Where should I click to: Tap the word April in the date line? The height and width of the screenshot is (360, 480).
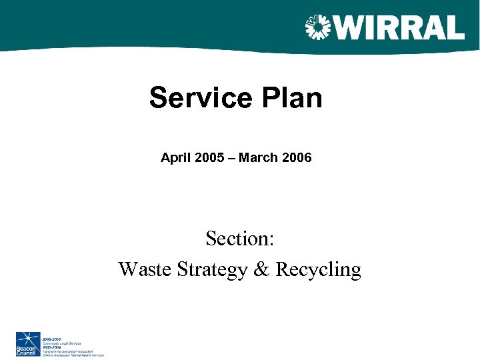coord(175,158)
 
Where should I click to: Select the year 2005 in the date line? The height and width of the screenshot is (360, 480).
coord(207,158)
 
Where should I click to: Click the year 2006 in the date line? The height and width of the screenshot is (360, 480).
coord(295,158)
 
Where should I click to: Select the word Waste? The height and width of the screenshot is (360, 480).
coord(145,269)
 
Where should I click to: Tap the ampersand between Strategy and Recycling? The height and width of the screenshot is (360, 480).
coord(262,269)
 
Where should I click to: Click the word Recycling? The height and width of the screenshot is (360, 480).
coord(318,270)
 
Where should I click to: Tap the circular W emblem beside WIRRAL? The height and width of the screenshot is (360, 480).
coord(317,27)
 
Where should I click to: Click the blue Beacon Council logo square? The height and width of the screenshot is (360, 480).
coord(29,343)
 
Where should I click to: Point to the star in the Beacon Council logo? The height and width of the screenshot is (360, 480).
coord(28,338)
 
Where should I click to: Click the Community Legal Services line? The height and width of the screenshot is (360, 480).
coord(61,343)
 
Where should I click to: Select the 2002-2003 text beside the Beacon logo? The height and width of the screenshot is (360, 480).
coord(52,339)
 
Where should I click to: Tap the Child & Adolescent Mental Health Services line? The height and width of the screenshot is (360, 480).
coord(73,355)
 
